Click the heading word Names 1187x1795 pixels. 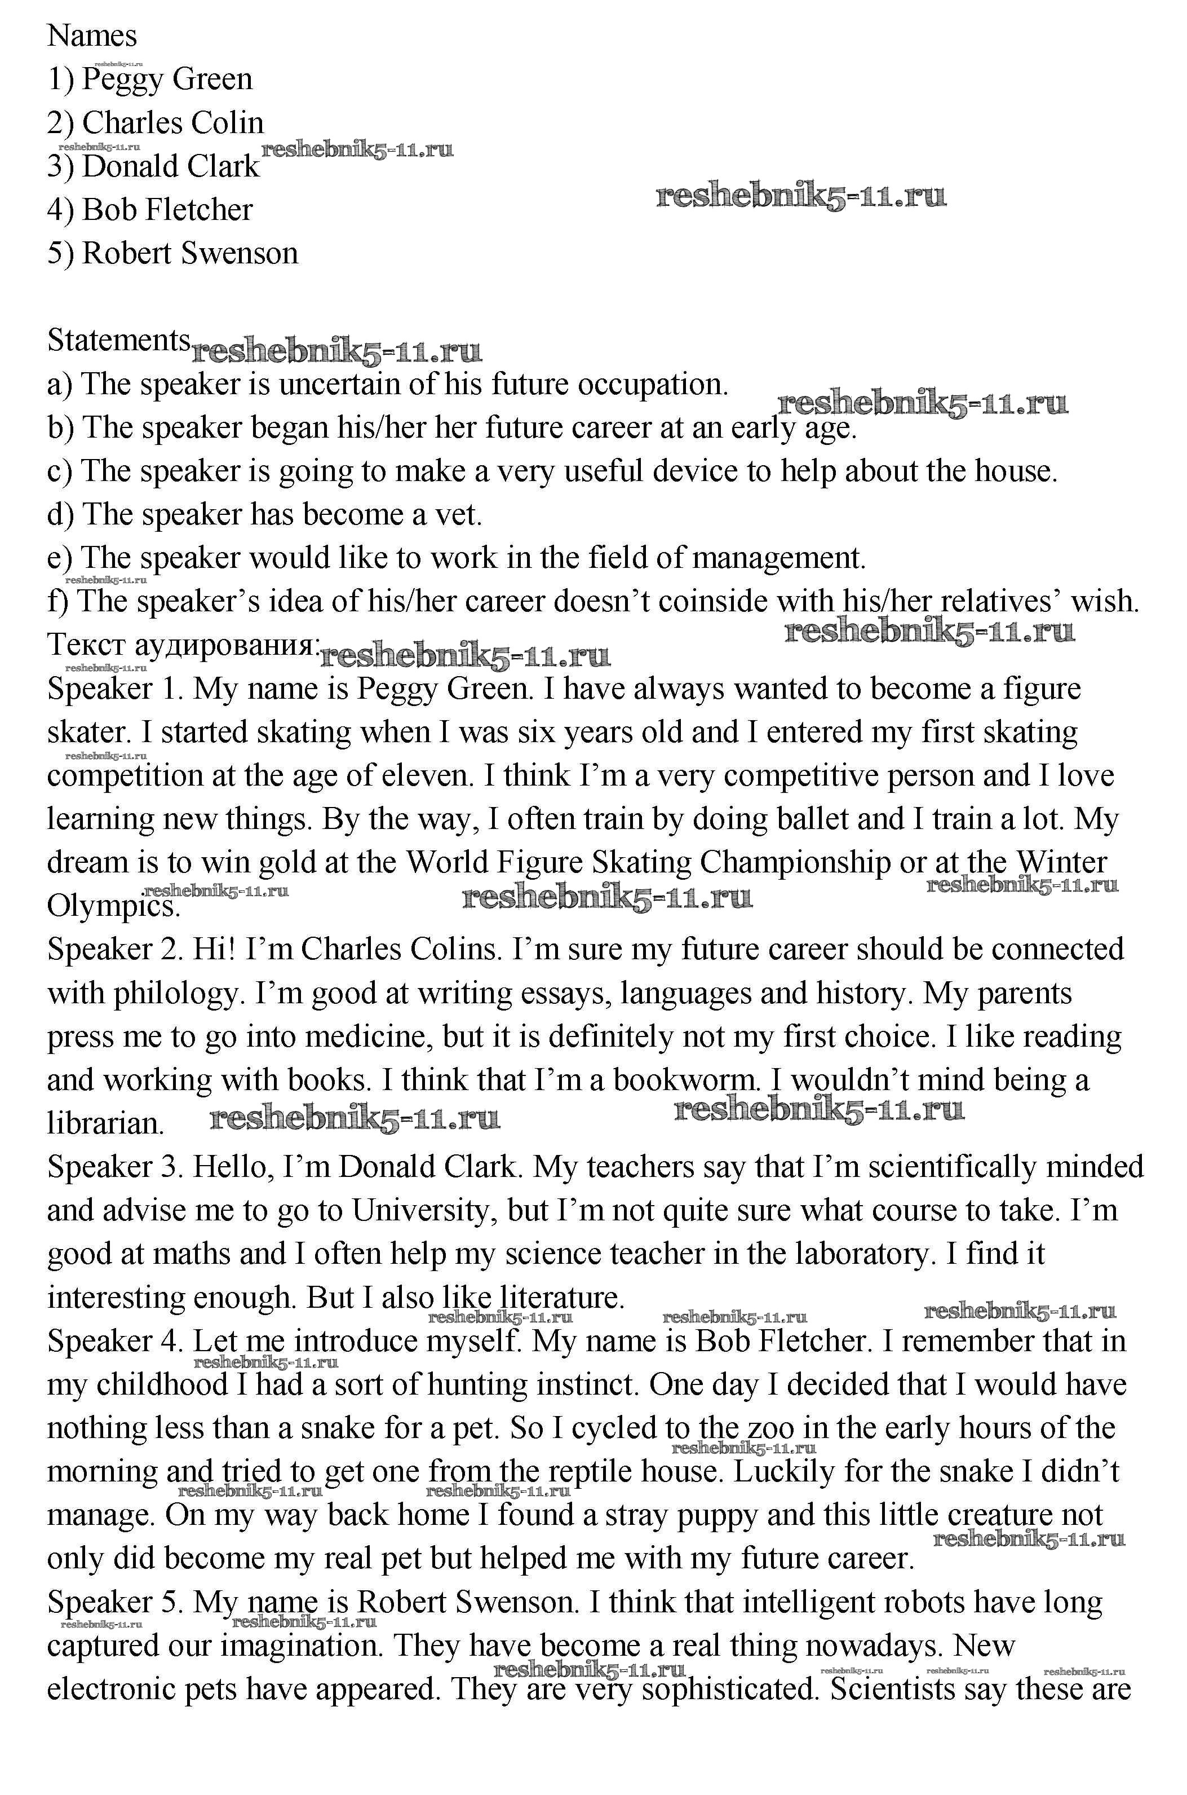pos(92,36)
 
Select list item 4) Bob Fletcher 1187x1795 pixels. pos(150,210)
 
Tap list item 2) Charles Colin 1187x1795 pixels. pos(155,123)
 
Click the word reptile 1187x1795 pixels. pos(591,1472)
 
